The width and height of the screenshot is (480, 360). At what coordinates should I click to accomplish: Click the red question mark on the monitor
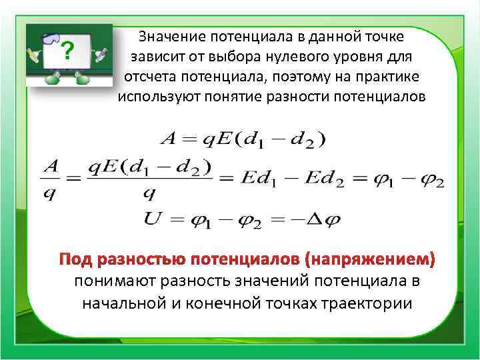pyautogui.click(x=67, y=51)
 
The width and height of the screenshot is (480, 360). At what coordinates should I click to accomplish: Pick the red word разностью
pyautogui.click(x=139, y=259)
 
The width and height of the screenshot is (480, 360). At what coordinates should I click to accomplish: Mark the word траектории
pyautogui.click(x=366, y=304)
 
